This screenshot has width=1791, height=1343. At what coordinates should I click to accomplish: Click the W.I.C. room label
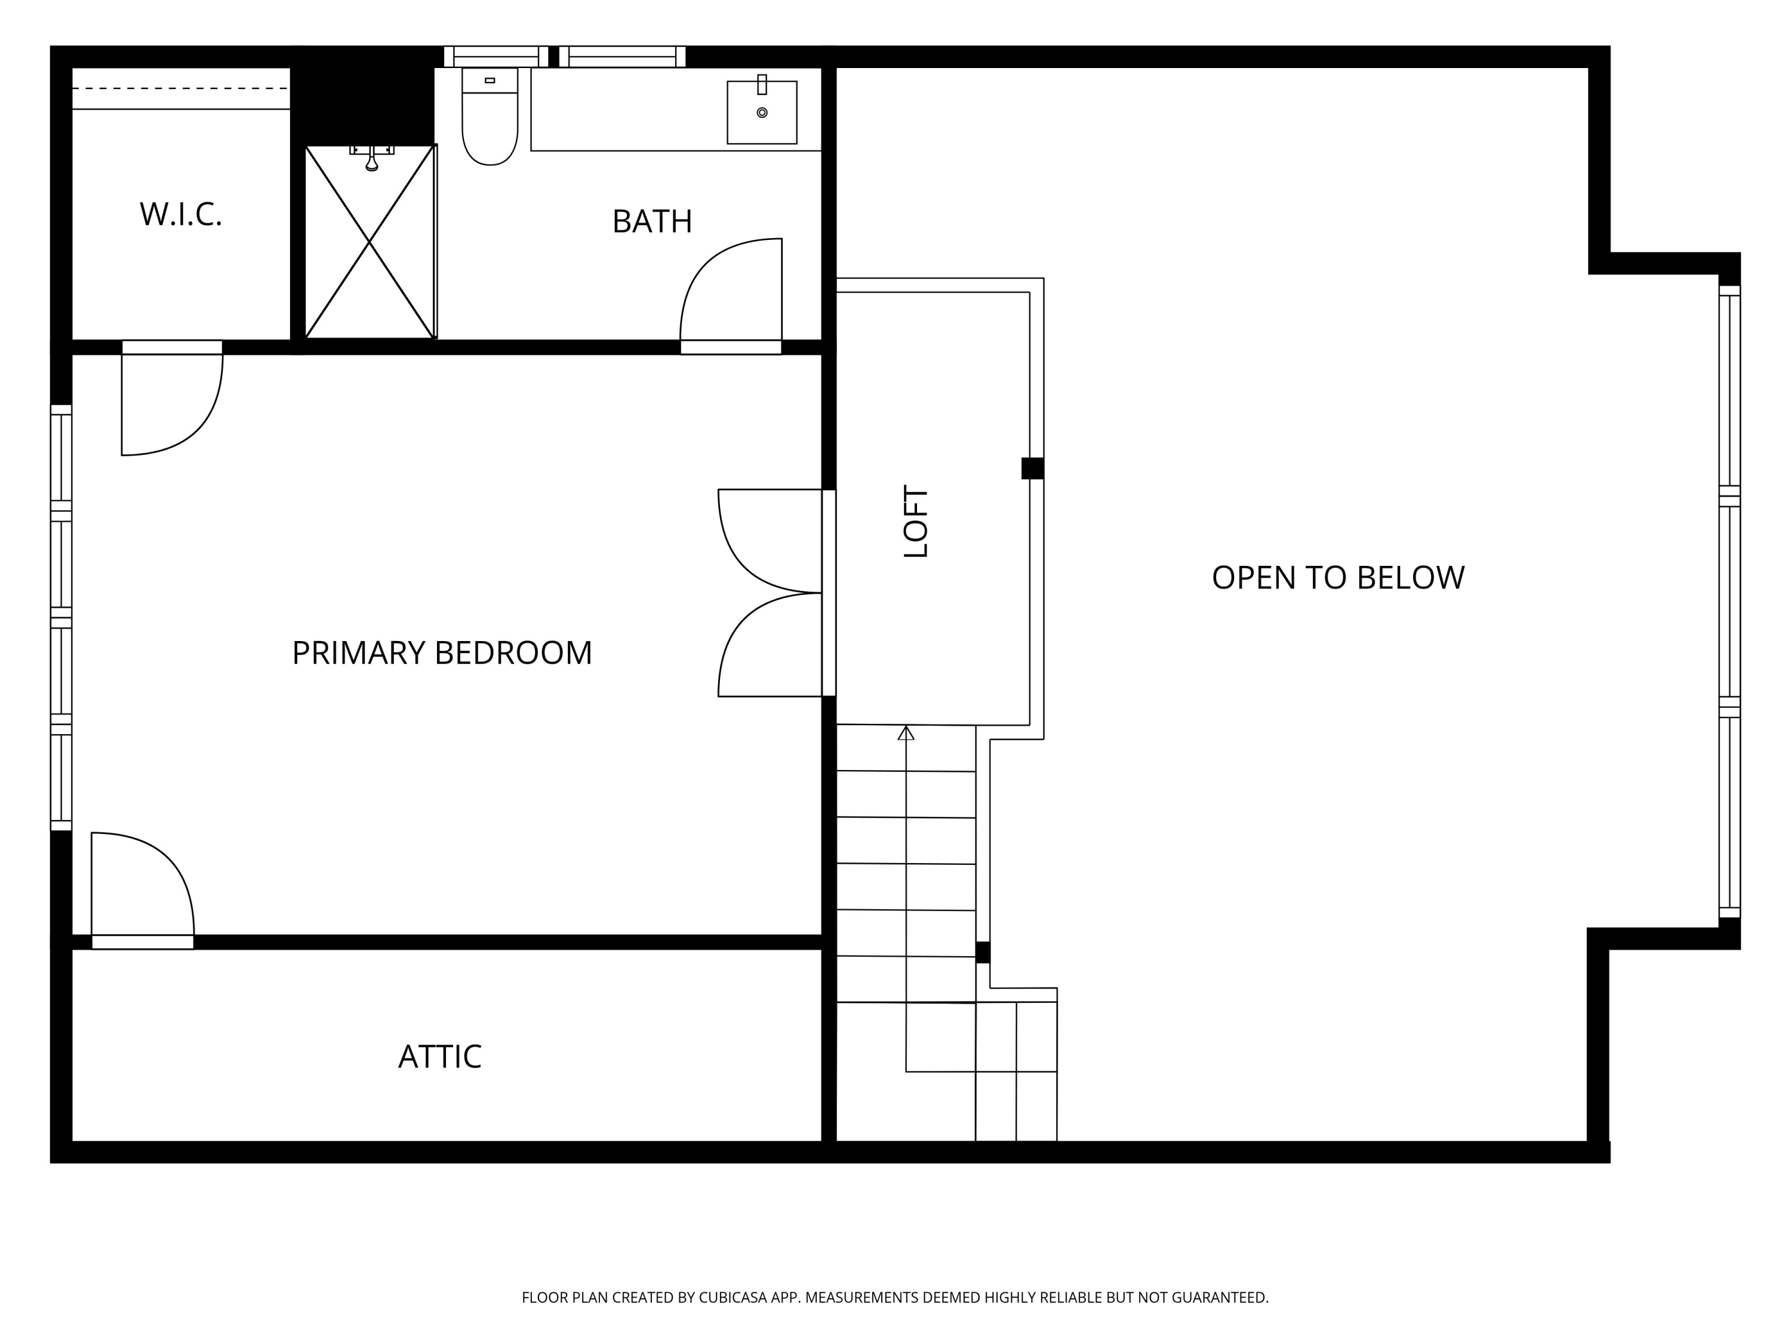tap(180, 214)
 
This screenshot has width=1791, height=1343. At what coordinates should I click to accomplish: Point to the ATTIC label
tap(439, 1057)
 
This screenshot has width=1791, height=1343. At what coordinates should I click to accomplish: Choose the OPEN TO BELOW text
tap(1338, 578)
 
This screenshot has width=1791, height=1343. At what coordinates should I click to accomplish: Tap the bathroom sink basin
tap(762, 113)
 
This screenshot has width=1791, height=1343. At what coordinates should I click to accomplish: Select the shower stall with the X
tap(369, 242)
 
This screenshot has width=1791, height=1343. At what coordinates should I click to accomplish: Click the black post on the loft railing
tap(1032, 468)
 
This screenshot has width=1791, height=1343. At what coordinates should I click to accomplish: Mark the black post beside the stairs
tap(983, 952)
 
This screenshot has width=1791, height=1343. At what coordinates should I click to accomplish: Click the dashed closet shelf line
tap(180, 88)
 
